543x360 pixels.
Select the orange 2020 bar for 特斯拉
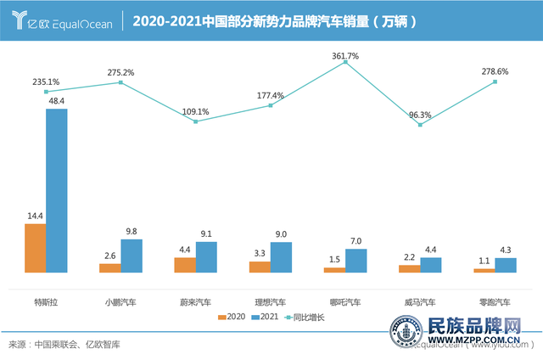tap(36, 247)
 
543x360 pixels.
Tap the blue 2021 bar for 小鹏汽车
tap(132, 255)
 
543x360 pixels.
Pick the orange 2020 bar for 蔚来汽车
tap(184, 264)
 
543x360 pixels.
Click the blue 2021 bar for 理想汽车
tap(281, 256)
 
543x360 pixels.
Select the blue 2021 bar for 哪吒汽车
tap(355, 260)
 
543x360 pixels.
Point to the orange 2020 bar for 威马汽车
tap(409, 268)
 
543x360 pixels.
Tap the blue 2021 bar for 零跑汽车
tap(505, 264)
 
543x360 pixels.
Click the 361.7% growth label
tap(345, 56)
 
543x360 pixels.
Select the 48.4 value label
tap(57, 101)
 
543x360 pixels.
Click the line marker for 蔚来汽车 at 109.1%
tap(196, 121)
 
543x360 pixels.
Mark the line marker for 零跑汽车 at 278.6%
tap(495, 82)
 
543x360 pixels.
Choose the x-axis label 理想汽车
tap(271, 301)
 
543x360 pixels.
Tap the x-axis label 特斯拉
tap(46, 301)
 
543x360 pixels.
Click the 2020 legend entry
tap(231, 318)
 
